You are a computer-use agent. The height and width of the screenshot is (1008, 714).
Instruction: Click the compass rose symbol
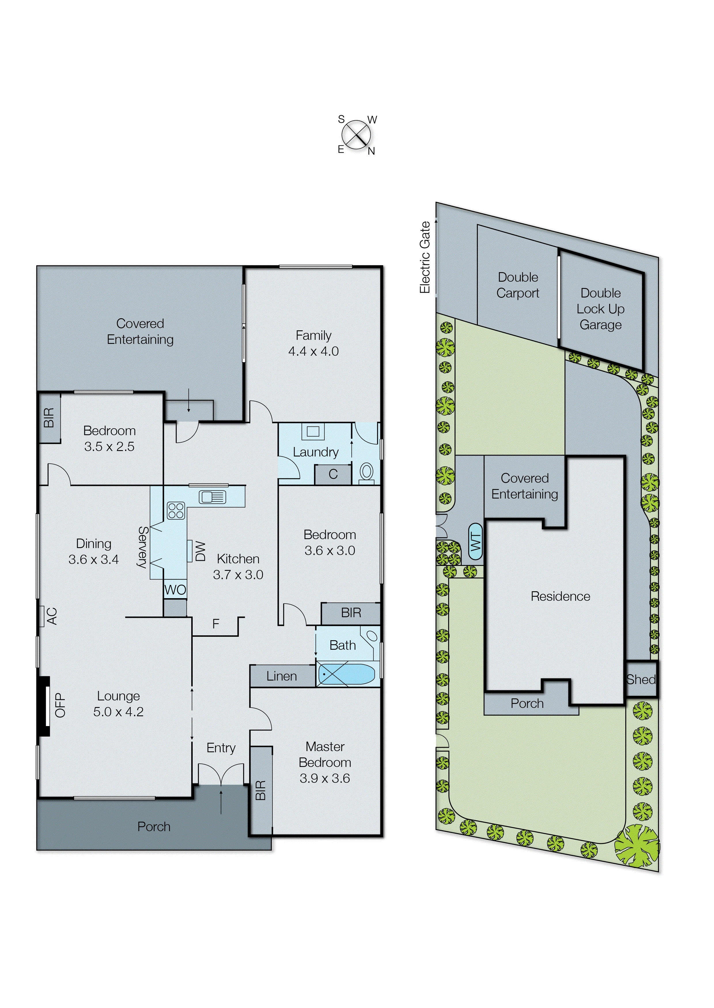pyautogui.click(x=356, y=134)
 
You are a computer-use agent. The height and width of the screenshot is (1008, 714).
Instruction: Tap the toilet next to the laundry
pyautogui.click(x=366, y=473)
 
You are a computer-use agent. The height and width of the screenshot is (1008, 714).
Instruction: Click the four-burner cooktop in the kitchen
pyautogui.click(x=176, y=510)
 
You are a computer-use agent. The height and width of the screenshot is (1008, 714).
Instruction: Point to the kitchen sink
pyautogui.click(x=213, y=497)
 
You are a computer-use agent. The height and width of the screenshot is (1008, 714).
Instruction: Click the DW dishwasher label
pyautogui.click(x=200, y=551)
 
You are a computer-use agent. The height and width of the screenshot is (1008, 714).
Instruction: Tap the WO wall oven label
pyautogui.click(x=175, y=590)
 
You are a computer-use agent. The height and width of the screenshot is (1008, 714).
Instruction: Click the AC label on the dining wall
pyautogui.click(x=52, y=616)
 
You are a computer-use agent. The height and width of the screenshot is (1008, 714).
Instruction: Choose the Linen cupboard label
pyautogui.click(x=281, y=676)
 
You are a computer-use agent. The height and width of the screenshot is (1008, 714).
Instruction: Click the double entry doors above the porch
pyautogui.click(x=221, y=774)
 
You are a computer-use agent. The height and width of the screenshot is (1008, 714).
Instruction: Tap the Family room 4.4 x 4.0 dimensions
pyautogui.click(x=313, y=351)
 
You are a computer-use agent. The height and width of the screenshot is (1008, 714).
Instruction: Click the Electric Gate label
pyautogui.click(x=425, y=257)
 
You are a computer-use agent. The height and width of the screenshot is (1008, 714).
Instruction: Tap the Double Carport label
pyautogui.click(x=518, y=285)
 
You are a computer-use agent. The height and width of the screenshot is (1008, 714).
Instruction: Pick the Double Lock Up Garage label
pyautogui.click(x=600, y=309)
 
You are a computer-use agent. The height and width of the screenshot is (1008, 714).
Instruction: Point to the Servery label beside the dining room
pyautogui.click(x=143, y=547)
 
